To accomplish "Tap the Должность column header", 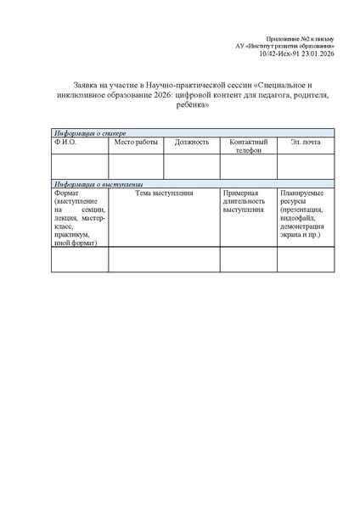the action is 192,142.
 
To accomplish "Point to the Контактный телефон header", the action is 248,146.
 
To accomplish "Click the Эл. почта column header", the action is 305,142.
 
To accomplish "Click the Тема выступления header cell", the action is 164,193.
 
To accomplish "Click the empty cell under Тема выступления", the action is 164,259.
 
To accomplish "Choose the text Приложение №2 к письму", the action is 300,39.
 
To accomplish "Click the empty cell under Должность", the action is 191,166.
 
